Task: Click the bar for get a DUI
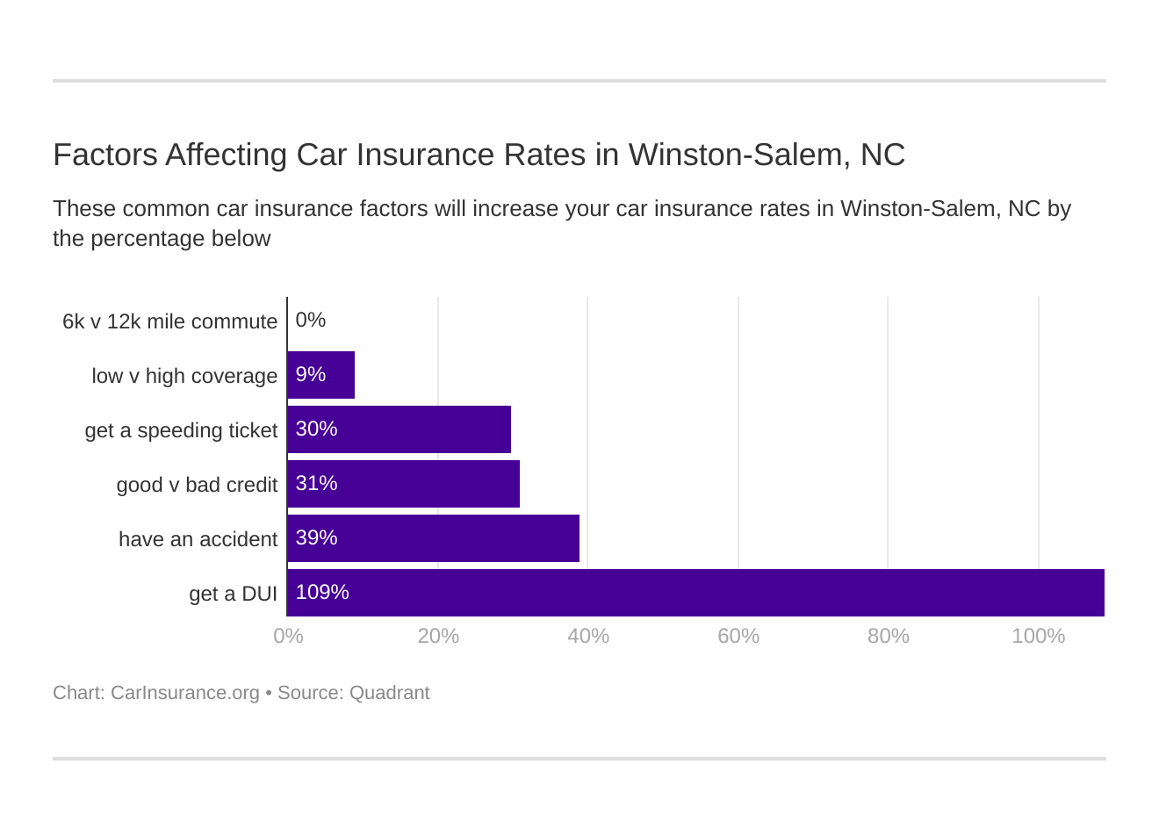pyautogui.click(x=695, y=593)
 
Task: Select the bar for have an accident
pyautogui.click(x=434, y=538)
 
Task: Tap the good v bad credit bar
pyautogui.click(x=404, y=484)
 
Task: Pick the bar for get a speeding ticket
pyautogui.click(x=400, y=429)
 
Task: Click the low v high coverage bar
pyautogui.click(x=321, y=375)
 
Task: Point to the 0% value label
pyautogui.click(x=311, y=321)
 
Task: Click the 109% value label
pyautogui.click(x=322, y=593)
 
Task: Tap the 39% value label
pyautogui.click(x=316, y=538)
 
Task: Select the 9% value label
pyautogui.click(x=311, y=375)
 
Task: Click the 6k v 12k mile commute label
pyautogui.click(x=169, y=321)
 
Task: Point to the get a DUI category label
pyautogui.click(x=233, y=594)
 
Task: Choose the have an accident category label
pyautogui.click(x=198, y=539)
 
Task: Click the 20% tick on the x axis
pyautogui.click(x=438, y=636)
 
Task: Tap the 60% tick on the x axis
pyautogui.click(x=738, y=636)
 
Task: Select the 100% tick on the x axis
pyautogui.click(x=1038, y=636)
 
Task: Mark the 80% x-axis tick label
pyautogui.click(x=888, y=636)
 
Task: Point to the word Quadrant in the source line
pyautogui.click(x=389, y=693)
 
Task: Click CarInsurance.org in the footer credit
pyautogui.click(x=184, y=693)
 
